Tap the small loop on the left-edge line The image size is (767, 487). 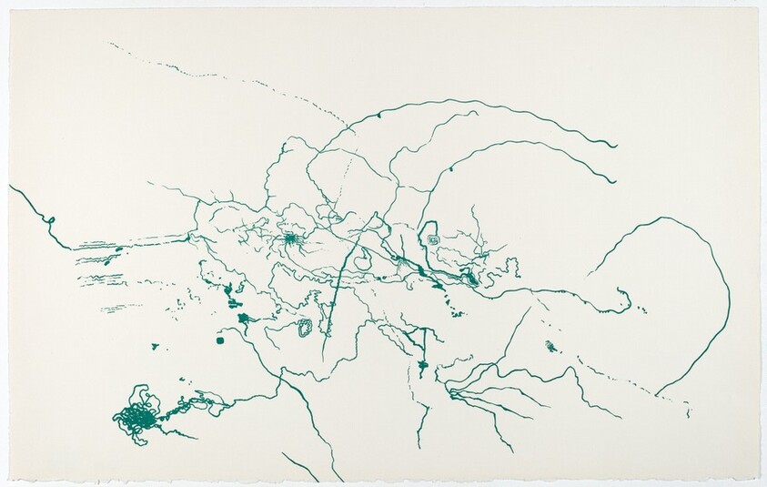point(52,221)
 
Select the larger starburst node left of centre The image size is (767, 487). point(290,239)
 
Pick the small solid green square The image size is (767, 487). point(220,340)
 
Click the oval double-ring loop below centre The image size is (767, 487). point(305,328)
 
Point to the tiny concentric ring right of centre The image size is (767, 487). point(433,239)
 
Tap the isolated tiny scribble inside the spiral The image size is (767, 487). point(550,346)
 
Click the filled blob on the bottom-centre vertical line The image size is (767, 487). point(422,366)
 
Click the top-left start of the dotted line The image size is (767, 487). point(111,44)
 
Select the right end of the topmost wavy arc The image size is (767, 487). point(616,147)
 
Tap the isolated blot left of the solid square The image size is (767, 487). point(156,346)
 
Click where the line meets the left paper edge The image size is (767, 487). point(11,187)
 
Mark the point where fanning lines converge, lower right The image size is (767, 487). point(450,393)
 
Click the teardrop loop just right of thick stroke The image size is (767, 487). point(361,260)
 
